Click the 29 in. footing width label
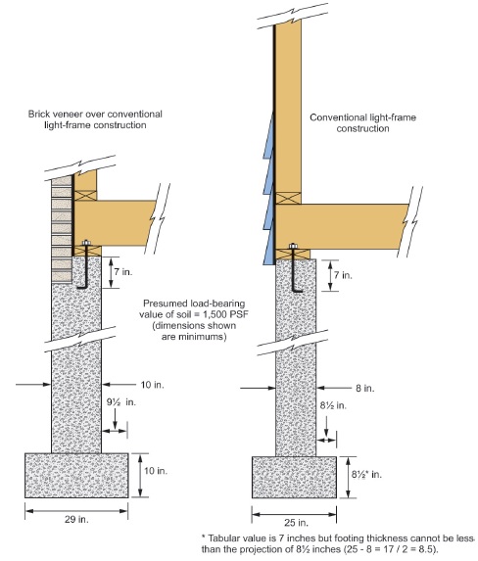tap(76, 519)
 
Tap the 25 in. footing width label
tap(296, 523)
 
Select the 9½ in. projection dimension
tap(121, 402)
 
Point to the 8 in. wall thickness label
tap(364, 388)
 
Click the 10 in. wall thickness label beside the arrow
tap(153, 385)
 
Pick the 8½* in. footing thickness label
tap(366, 475)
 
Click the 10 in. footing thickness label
tap(156, 471)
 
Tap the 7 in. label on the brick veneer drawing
tap(123, 272)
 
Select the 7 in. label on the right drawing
tap(343, 275)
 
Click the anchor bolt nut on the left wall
tap(86, 243)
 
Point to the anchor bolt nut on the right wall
tap(293, 246)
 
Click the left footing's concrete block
tap(76, 476)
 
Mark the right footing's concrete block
tap(294, 477)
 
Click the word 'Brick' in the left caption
tap(37, 115)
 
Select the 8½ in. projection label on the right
tap(333, 405)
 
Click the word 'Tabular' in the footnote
tap(223, 538)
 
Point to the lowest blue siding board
tap(268, 249)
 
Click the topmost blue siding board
tap(269, 135)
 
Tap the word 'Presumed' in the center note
tap(159, 304)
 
